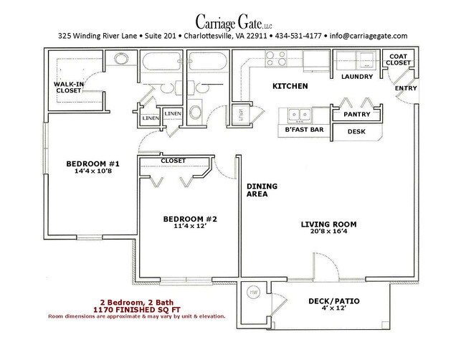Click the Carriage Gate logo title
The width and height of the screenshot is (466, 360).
click(233, 18)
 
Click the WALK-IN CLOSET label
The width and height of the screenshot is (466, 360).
click(70, 87)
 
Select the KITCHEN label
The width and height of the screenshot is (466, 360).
click(290, 86)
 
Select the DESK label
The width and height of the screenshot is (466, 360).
click(356, 132)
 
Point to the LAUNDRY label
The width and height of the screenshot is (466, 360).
click(356, 76)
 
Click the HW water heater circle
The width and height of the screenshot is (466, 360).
click(254, 293)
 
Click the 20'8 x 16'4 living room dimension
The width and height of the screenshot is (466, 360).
click(328, 232)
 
